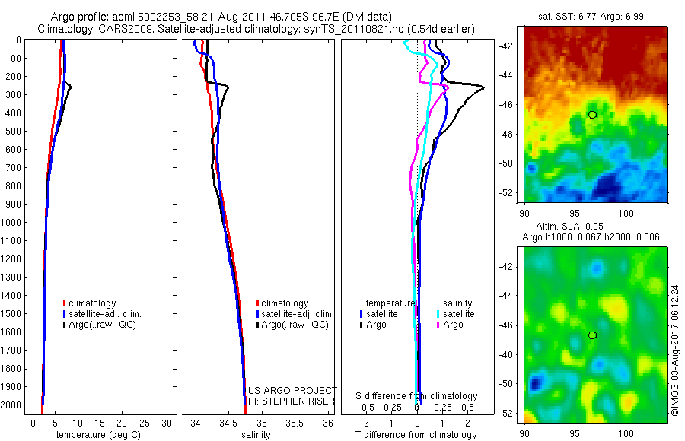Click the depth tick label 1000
[13, 223]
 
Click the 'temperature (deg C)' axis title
[97, 435]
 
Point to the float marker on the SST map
[592, 114]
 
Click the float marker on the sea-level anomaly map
[592, 335]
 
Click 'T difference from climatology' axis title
[417, 435]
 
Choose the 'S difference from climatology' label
[417, 396]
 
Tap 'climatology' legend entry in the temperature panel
[94, 303]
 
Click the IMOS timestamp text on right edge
[674, 350]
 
